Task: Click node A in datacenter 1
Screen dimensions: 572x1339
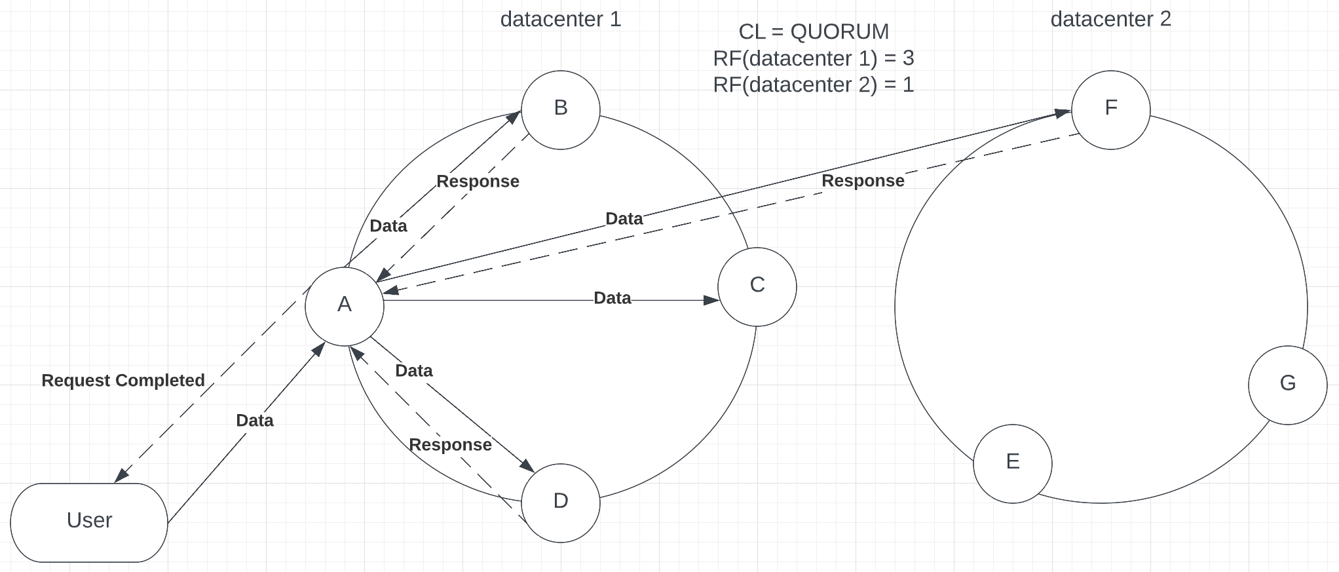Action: point(345,306)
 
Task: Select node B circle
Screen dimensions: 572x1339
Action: point(561,109)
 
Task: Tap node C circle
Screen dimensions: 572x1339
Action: point(757,286)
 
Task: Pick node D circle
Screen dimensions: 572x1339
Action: point(561,503)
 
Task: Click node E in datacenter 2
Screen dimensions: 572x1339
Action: point(1013,463)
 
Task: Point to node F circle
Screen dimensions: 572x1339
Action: point(1111,109)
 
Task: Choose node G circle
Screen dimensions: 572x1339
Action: point(1288,385)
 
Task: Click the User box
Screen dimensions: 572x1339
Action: point(89,522)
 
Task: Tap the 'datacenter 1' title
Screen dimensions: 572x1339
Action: point(561,20)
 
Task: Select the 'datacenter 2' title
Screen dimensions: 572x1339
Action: point(1111,20)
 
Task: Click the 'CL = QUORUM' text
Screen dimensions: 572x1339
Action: point(814,31)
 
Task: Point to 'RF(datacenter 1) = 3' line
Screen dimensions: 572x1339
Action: point(814,58)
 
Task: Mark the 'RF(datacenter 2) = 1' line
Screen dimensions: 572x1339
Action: point(814,85)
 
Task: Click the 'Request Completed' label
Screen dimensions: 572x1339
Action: point(123,381)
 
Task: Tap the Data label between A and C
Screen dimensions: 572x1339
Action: point(613,299)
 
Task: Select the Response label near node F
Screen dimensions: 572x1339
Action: point(863,181)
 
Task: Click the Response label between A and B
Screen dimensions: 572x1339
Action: point(478,181)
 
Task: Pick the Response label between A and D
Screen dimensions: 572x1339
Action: point(451,445)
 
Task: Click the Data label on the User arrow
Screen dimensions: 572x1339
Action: point(255,421)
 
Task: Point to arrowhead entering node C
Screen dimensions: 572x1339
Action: point(713,300)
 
